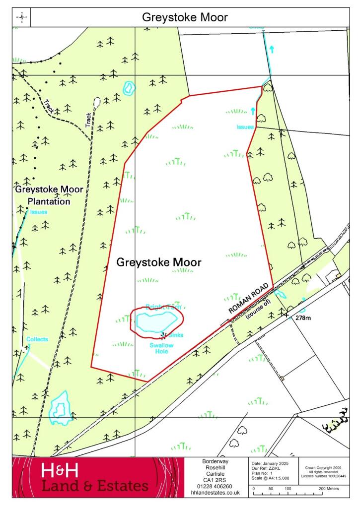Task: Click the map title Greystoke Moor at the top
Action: click(x=185, y=17)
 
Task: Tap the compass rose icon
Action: click(x=22, y=17)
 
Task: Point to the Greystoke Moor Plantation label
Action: click(x=49, y=195)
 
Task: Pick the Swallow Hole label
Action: click(x=159, y=348)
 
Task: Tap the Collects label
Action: click(x=38, y=339)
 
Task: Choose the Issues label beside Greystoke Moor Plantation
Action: click(x=38, y=212)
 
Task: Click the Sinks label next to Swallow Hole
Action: click(x=175, y=335)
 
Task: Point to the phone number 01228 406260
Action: click(x=216, y=486)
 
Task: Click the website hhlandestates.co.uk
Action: click(x=216, y=493)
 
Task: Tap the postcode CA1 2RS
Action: click(x=216, y=480)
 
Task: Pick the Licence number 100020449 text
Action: click(x=323, y=476)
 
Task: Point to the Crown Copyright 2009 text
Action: click(x=323, y=467)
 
